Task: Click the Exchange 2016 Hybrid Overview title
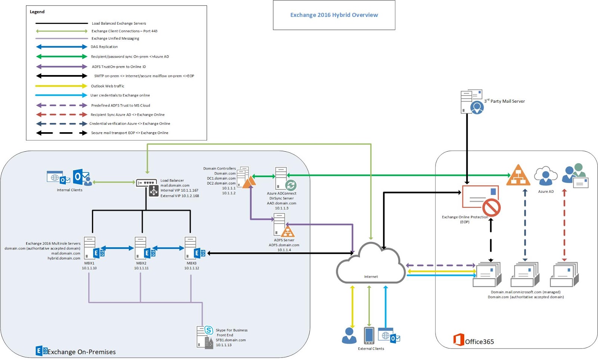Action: (334, 15)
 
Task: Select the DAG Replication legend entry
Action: (104, 47)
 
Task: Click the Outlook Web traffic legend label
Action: (107, 86)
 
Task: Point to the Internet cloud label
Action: (371, 277)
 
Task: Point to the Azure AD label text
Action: (546, 192)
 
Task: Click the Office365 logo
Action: (459, 340)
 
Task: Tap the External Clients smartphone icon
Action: (369, 335)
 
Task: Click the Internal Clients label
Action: (70, 190)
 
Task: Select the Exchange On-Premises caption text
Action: (81, 352)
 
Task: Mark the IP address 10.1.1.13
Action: (224, 345)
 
